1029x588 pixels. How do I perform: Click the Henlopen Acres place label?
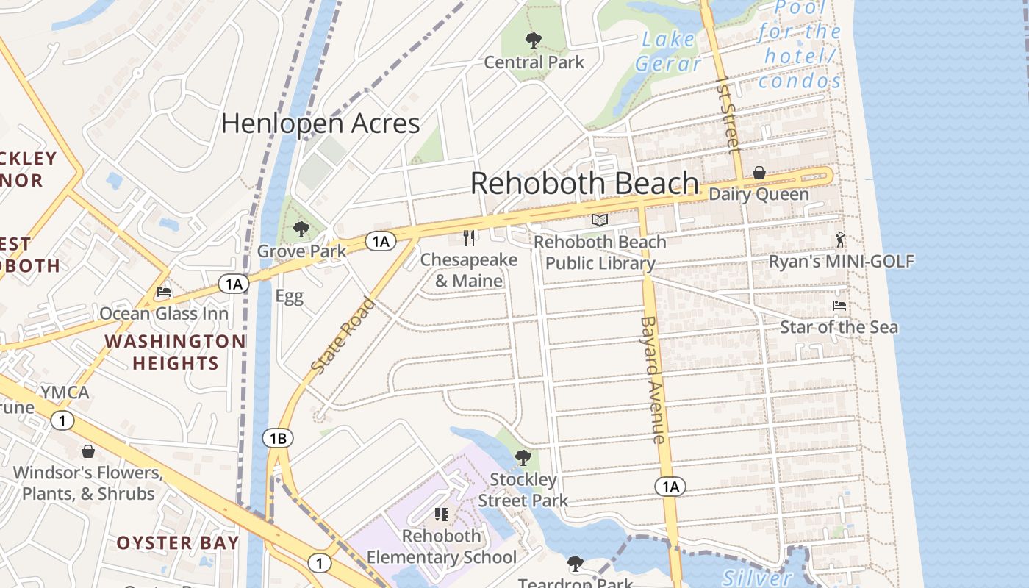coord(320,123)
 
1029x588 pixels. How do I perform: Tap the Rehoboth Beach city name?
coord(584,183)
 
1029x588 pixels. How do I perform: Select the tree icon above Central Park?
coord(534,40)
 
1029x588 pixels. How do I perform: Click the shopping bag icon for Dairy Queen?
coord(759,173)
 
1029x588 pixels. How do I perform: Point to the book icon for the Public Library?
coord(600,220)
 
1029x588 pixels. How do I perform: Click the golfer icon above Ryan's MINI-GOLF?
coord(841,239)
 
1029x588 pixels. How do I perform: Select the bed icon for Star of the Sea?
coord(839,305)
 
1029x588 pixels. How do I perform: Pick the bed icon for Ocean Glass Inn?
coord(164,292)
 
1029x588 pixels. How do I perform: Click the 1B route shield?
coord(278,439)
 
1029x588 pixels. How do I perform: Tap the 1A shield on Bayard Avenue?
coord(669,487)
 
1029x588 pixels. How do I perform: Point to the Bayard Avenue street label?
coord(653,379)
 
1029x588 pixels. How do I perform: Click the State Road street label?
coord(343,334)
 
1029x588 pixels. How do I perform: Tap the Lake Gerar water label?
coord(668,51)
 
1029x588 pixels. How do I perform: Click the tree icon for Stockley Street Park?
coord(523,458)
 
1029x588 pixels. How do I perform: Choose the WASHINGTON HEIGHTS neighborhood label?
coord(175,352)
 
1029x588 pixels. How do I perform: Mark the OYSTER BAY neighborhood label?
coord(178,543)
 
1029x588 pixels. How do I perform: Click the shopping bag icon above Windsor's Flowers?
coord(88,451)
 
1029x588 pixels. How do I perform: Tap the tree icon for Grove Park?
coord(301,229)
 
